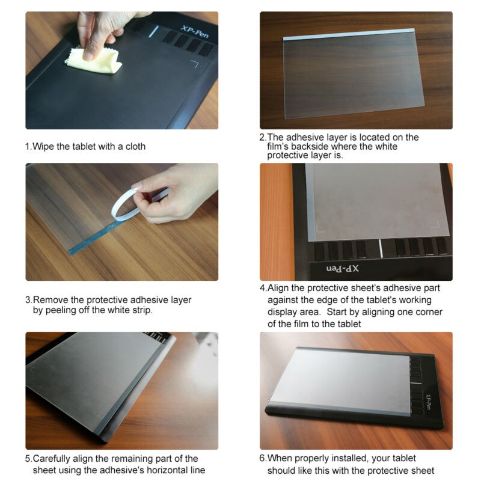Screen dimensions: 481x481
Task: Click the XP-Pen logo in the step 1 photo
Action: pos(195,29)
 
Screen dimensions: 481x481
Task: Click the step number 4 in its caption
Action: pos(262,288)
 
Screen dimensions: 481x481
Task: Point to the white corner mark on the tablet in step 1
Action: pos(195,63)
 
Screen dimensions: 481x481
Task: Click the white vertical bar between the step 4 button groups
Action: pos(380,247)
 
